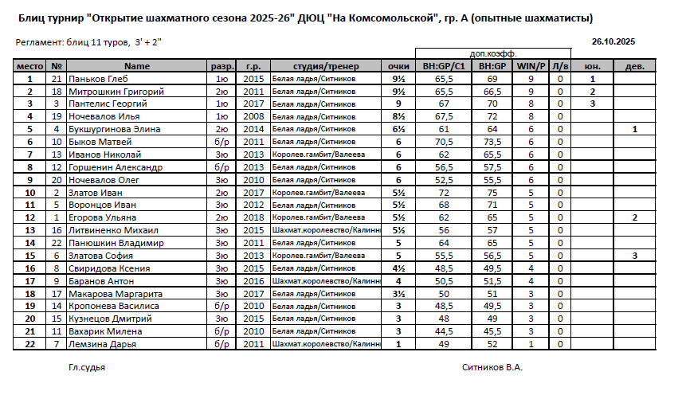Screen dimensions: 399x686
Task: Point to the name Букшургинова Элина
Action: (115, 129)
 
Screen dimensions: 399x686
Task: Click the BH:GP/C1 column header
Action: (444, 67)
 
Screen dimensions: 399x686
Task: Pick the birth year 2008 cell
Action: (253, 116)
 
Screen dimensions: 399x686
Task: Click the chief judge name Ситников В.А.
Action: (492, 368)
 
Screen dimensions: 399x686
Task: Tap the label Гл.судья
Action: (87, 368)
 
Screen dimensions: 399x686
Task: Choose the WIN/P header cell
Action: (531, 67)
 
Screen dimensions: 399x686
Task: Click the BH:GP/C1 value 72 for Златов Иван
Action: (444, 193)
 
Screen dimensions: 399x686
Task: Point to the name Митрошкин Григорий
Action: (116, 92)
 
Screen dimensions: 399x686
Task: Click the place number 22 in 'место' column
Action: (30, 344)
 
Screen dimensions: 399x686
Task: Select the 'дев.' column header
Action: (635, 67)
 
